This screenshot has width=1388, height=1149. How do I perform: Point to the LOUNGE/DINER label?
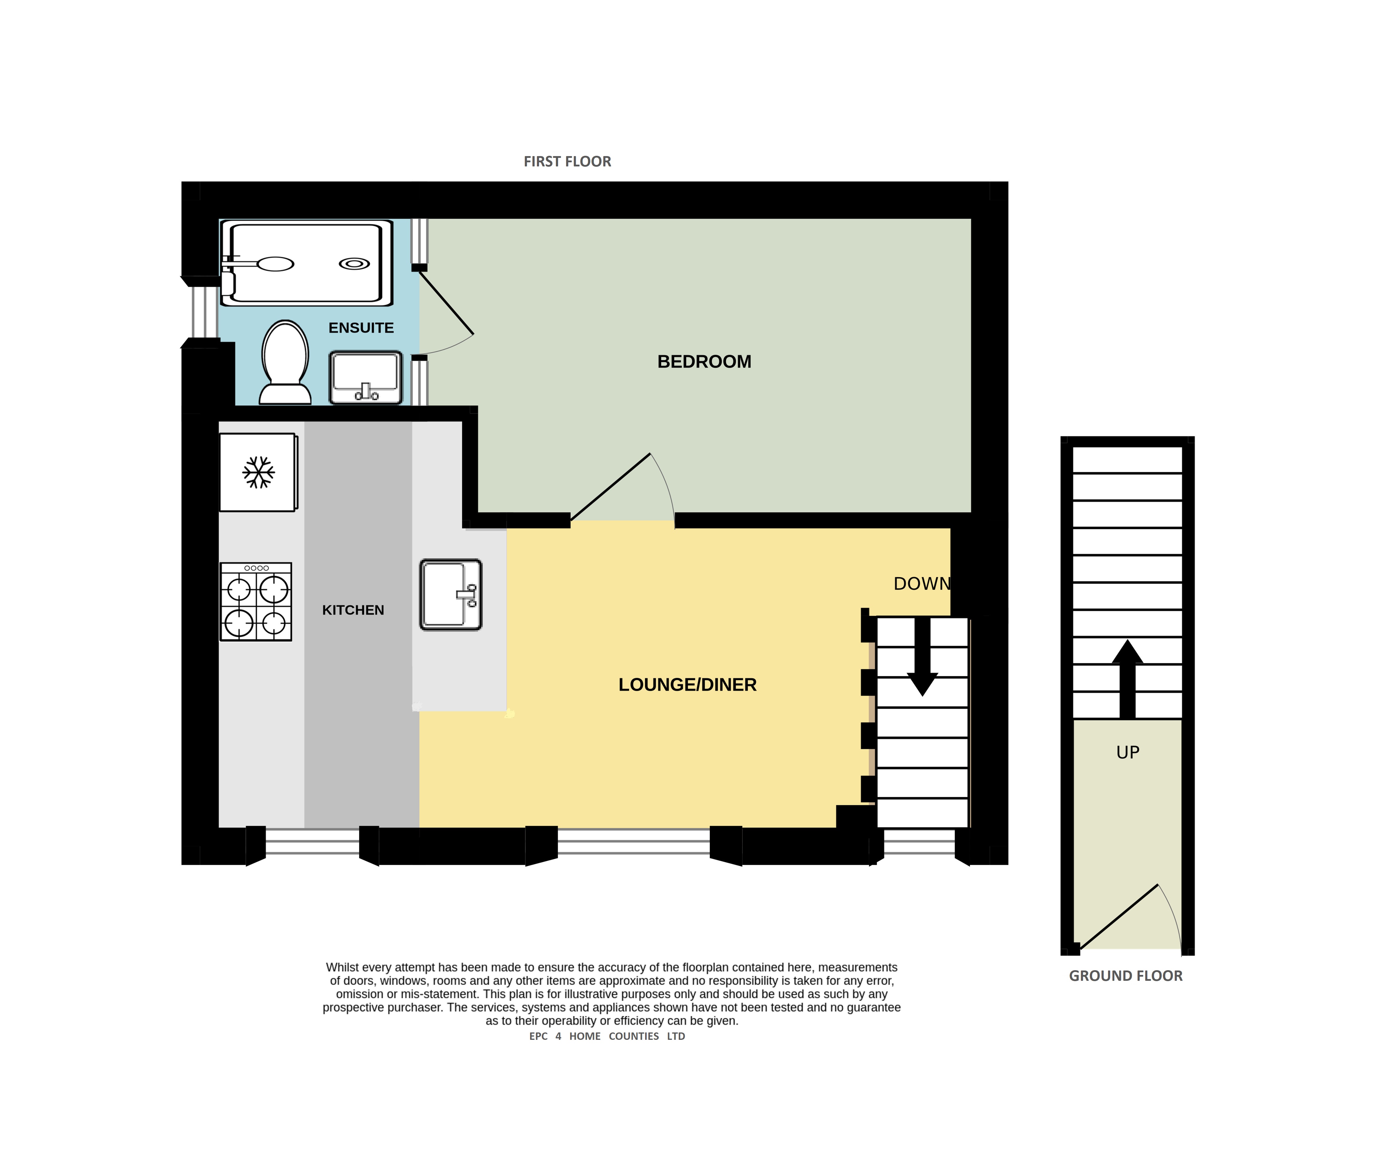coord(687,685)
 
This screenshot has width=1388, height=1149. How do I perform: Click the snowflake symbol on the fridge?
coord(258,472)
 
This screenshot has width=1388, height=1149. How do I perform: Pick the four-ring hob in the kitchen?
coord(256,602)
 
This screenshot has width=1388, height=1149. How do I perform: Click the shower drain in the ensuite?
coord(354,264)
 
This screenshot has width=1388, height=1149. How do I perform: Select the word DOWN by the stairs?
coord(922,584)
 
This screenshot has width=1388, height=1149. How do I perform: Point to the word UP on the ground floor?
coord(1128,752)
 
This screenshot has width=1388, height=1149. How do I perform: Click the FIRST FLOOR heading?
coord(567,161)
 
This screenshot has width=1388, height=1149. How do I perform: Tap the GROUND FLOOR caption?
coord(1126,976)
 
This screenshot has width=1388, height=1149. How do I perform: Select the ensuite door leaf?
coord(446,302)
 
